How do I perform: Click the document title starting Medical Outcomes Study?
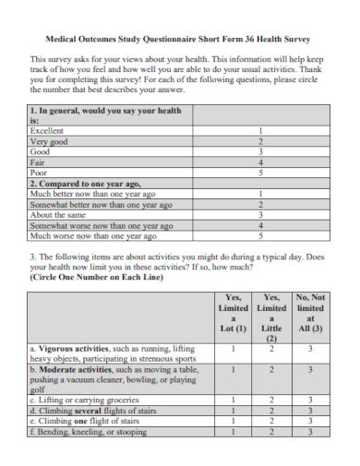click(x=179, y=40)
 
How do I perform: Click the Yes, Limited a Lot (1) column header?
click(x=234, y=314)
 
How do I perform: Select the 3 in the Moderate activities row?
click(x=310, y=370)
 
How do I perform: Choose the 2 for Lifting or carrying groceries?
click(x=271, y=400)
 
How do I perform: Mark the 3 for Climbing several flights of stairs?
click(x=310, y=411)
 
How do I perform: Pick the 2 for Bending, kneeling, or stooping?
click(x=271, y=431)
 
